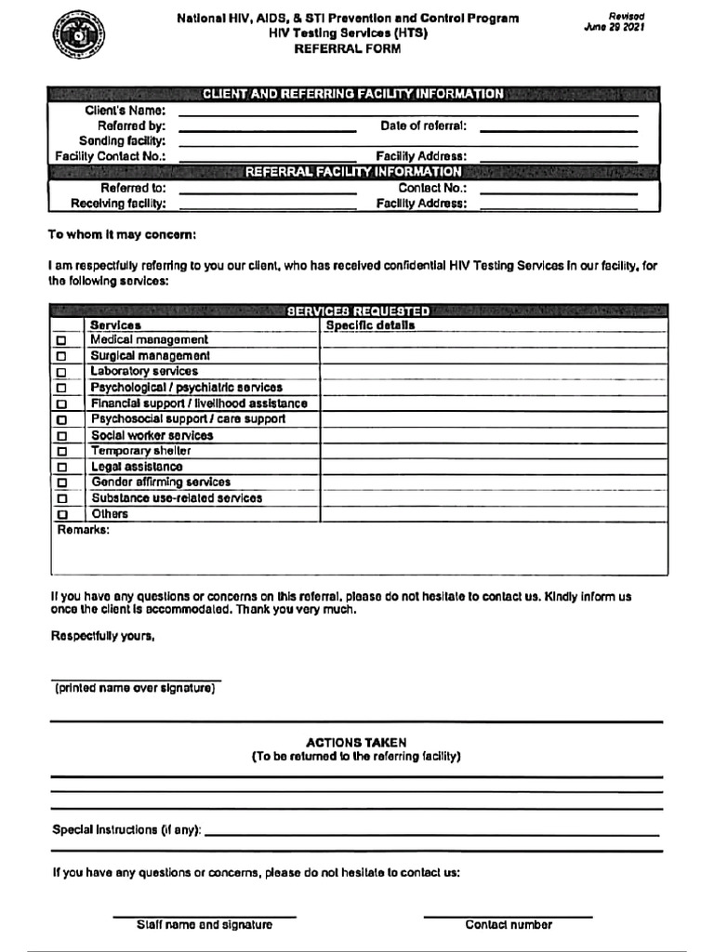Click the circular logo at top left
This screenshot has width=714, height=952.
click(78, 36)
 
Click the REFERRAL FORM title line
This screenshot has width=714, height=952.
click(348, 49)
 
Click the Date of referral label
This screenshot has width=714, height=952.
click(423, 126)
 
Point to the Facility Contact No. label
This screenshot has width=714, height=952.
click(110, 156)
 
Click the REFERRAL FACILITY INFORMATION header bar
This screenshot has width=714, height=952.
click(353, 172)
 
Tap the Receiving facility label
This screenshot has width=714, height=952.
click(118, 204)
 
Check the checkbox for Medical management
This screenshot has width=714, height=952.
click(62, 341)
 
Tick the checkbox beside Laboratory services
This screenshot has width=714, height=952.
click(62, 373)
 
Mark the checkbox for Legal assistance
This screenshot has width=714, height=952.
click(62, 468)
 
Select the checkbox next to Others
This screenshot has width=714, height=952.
click(62, 514)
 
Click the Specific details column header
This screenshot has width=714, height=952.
click(370, 325)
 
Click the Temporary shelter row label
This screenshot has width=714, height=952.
click(140, 451)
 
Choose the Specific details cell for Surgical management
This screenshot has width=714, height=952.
click(494, 356)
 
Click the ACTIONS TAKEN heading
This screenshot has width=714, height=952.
click(356, 743)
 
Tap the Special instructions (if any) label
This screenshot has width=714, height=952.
click(126, 829)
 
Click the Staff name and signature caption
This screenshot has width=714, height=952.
click(205, 925)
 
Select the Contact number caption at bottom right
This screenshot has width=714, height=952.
click(509, 925)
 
